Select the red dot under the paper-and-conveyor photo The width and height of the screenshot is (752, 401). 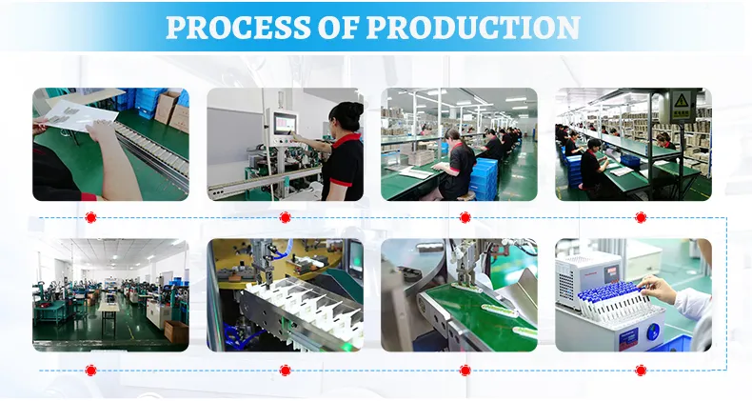click(90, 217)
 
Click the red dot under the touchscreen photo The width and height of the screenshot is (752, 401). click(285, 217)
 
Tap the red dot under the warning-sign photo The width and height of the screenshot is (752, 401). click(641, 217)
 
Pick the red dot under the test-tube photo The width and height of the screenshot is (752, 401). click(641, 370)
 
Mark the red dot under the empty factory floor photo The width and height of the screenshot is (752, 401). click(90, 370)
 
